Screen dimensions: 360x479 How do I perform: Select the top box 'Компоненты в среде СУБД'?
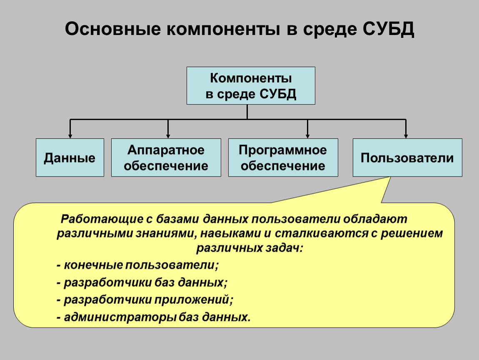pos(251,85)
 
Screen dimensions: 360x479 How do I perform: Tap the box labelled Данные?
pos(70,157)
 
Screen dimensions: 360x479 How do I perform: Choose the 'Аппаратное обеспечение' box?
pos(166,157)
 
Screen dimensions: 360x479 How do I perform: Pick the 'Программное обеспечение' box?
pos(283,157)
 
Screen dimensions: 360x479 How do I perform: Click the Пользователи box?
pos(407,157)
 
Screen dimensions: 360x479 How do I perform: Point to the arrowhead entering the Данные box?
pos(70,136)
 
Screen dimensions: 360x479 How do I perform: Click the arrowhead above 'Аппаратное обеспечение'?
pos(168,136)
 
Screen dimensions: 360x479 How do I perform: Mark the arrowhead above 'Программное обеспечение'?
pos(307,136)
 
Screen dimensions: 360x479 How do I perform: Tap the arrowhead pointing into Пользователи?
pos(406,136)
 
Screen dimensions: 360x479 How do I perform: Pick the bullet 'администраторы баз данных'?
pos(154,317)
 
